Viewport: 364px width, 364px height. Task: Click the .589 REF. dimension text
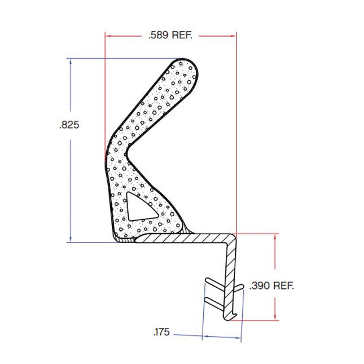click(170, 35)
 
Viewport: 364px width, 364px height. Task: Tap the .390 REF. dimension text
click(271, 285)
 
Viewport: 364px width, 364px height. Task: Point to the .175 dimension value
click(161, 332)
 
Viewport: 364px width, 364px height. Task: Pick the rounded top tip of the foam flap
click(185, 63)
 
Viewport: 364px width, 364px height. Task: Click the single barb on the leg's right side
click(240, 288)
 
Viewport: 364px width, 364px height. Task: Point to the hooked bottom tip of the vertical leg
click(232, 317)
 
